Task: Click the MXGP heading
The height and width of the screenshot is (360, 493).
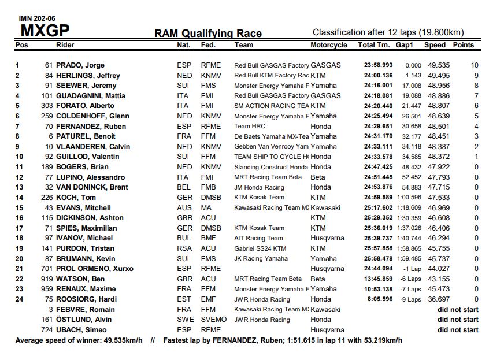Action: click(x=45, y=30)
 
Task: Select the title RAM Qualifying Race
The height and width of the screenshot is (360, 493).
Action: click(x=207, y=34)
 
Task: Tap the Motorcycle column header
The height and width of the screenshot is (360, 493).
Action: click(x=329, y=45)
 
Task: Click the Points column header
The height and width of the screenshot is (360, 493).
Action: click(x=463, y=45)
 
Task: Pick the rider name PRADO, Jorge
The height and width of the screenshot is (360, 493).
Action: click(x=80, y=65)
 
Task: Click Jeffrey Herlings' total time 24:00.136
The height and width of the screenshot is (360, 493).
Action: click(x=378, y=76)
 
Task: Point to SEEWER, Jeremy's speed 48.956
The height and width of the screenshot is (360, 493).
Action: click(x=439, y=86)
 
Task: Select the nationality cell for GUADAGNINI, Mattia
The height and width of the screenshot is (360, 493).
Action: click(x=183, y=96)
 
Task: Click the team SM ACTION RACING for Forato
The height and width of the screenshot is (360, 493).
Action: click(x=271, y=106)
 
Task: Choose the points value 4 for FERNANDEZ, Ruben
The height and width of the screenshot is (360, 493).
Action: click(x=476, y=127)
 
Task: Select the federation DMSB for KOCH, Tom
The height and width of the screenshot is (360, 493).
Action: click(x=210, y=198)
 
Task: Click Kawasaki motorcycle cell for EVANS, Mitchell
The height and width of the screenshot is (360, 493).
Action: click(x=325, y=208)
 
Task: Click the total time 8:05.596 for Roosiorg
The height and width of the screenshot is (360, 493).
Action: click(x=380, y=299)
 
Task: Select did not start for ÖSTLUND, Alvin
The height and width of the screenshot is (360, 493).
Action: click(x=458, y=320)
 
